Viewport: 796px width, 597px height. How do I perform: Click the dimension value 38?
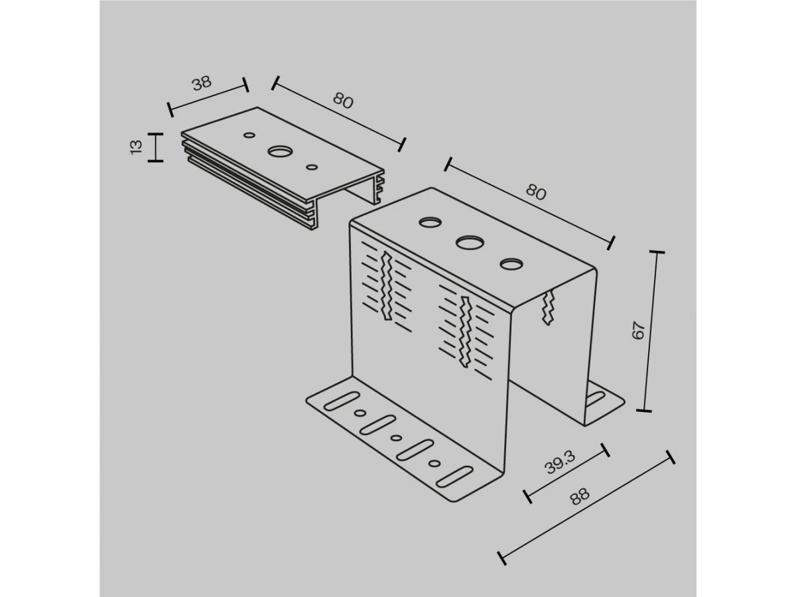point(202,83)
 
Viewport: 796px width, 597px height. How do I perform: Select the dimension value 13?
point(136,147)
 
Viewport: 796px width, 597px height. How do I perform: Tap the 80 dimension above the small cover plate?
point(343,100)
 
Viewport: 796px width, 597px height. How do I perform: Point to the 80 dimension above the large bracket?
point(535,192)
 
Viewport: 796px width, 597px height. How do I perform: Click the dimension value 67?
point(638,330)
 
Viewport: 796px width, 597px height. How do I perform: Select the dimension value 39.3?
point(561,463)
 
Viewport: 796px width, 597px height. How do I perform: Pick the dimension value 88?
point(580,496)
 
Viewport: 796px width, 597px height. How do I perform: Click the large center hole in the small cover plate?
point(280,151)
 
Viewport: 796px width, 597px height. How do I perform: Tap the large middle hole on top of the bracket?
point(470,242)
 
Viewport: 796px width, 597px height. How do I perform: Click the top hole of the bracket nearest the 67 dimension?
point(511,264)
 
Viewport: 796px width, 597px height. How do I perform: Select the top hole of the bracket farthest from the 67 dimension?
point(430,222)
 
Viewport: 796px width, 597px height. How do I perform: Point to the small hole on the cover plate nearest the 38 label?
point(249,135)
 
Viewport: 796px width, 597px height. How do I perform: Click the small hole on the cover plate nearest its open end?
point(312,167)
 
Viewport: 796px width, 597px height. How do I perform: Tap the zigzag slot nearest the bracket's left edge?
point(386,287)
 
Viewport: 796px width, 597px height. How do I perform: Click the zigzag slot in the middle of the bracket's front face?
point(465,332)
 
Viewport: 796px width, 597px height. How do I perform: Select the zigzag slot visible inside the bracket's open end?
point(548,308)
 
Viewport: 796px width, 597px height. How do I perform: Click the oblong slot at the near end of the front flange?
point(454,477)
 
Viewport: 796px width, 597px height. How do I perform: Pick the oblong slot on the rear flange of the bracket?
point(595,399)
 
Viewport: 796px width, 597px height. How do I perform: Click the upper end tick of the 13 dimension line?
point(156,134)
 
